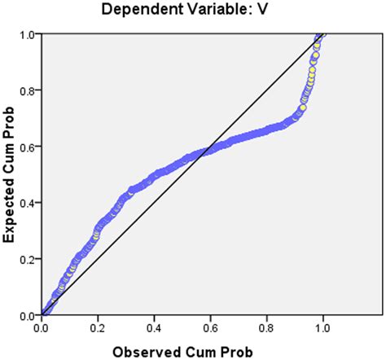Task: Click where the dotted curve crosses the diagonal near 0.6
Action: (x=209, y=147)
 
